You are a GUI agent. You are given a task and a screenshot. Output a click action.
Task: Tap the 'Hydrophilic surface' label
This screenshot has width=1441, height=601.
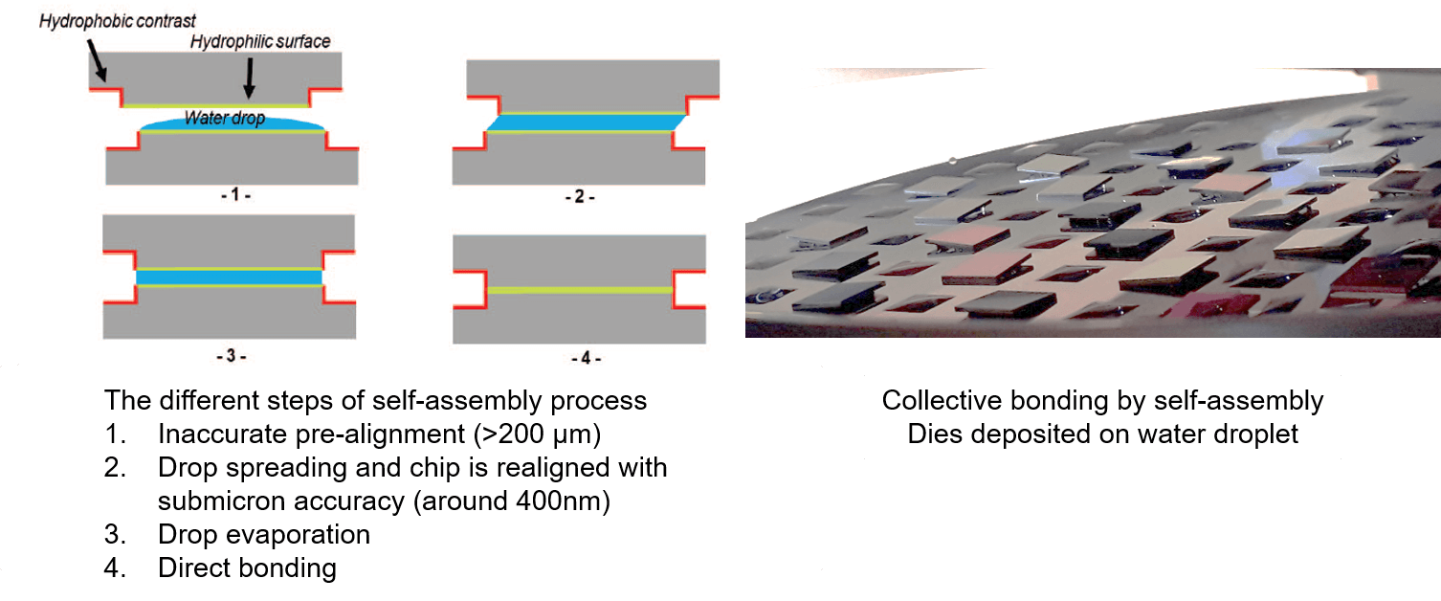coord(260,41)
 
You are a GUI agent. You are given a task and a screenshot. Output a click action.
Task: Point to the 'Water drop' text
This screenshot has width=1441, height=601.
coord(225,120)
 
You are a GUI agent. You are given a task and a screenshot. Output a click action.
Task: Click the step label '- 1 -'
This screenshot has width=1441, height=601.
coord(231,195)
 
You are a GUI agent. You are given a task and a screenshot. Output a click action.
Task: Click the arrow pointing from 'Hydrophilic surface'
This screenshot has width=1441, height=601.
coord(248,75)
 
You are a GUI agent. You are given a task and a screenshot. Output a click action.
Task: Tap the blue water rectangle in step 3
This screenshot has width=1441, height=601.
coord(230,278)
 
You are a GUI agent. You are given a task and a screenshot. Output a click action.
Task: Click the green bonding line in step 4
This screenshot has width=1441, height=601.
coord(580,289)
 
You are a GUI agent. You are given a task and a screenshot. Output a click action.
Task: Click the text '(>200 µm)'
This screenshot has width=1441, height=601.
coord(536,434)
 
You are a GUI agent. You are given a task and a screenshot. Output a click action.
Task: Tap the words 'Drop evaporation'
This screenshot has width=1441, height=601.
coord(263,534)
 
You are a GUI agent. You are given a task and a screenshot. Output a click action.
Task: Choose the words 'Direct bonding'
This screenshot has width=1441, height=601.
coord(247,568)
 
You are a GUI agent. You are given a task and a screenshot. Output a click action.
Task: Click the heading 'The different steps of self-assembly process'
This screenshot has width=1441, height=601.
coord(375,399)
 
